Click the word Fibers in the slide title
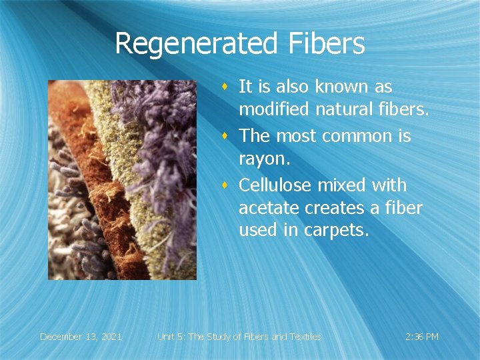pyautogui.click(x=327, y=44)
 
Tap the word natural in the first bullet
pyautogui.click(x=345, y=111)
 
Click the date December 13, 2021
pyautogui.click(x=81, y=337)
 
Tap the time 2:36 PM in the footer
pyautogui.click(x=421, y=337)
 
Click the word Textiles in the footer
pyautogui.click(x=303, y=337)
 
